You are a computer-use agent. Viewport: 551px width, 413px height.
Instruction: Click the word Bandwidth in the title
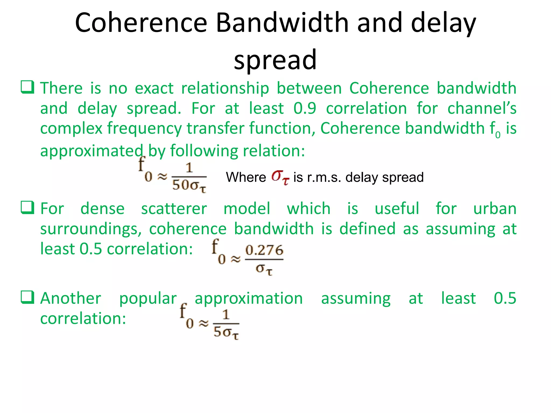click(282, 23)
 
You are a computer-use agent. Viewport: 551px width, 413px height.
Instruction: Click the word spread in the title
click(275, 60)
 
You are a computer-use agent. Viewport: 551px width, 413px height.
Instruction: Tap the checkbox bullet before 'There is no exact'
click(27, 87)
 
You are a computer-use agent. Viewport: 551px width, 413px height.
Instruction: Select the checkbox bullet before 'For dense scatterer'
click(27, 208)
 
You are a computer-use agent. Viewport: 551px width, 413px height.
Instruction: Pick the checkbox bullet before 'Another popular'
click(27, 297)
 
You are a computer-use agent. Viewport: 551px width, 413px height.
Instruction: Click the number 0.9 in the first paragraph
click(305, 108)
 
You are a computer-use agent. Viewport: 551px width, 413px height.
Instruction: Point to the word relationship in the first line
click(225, 88)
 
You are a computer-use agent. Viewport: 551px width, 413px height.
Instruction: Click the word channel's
click(482, 108)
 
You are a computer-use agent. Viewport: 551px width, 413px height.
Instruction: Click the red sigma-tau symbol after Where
click(280, 177)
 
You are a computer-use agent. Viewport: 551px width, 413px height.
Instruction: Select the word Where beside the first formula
click(246, 177)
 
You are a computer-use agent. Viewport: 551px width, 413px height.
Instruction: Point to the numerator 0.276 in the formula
click(264, 250)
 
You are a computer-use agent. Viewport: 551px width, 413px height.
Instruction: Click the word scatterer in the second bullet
click(174, 209)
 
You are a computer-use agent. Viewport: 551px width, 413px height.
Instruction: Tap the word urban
click(495, 209)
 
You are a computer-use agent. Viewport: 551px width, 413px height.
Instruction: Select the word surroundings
click(91, 229)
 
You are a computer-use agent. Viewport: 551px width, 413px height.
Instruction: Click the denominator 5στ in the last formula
click(226, 332)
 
